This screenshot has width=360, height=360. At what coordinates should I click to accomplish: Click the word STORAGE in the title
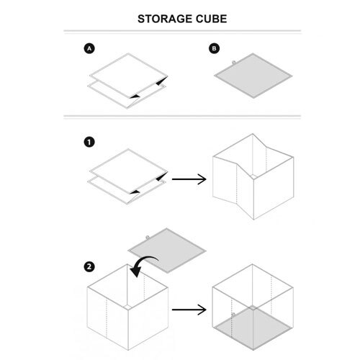point(165,19)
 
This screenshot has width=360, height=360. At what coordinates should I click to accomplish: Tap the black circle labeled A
point(89,48)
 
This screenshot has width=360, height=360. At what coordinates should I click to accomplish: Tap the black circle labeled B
point(214,48)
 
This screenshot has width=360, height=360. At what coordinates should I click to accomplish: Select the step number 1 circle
point(89,142)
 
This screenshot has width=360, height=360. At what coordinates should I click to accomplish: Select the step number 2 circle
point(89,266)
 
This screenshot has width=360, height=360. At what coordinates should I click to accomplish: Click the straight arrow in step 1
point(189,179)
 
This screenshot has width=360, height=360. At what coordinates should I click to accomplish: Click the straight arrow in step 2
point(189,310)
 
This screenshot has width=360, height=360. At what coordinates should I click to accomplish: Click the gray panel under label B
point(253,76)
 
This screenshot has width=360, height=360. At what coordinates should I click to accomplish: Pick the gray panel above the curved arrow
point(167,251)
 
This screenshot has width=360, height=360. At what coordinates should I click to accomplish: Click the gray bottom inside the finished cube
point(253,328)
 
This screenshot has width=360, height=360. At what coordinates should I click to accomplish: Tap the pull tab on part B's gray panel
point(233,63)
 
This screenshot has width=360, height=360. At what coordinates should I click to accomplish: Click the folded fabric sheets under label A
point(128,81)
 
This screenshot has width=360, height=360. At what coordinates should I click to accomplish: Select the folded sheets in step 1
point(128,176)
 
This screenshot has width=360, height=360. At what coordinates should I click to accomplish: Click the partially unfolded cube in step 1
point(253,176)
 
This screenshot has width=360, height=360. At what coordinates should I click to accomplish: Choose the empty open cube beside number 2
point(127,307)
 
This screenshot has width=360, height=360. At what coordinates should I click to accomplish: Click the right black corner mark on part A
point(162,81)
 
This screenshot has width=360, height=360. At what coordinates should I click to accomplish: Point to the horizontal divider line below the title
point(182,31)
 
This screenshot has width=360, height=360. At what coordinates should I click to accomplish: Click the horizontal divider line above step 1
point(182,116)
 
